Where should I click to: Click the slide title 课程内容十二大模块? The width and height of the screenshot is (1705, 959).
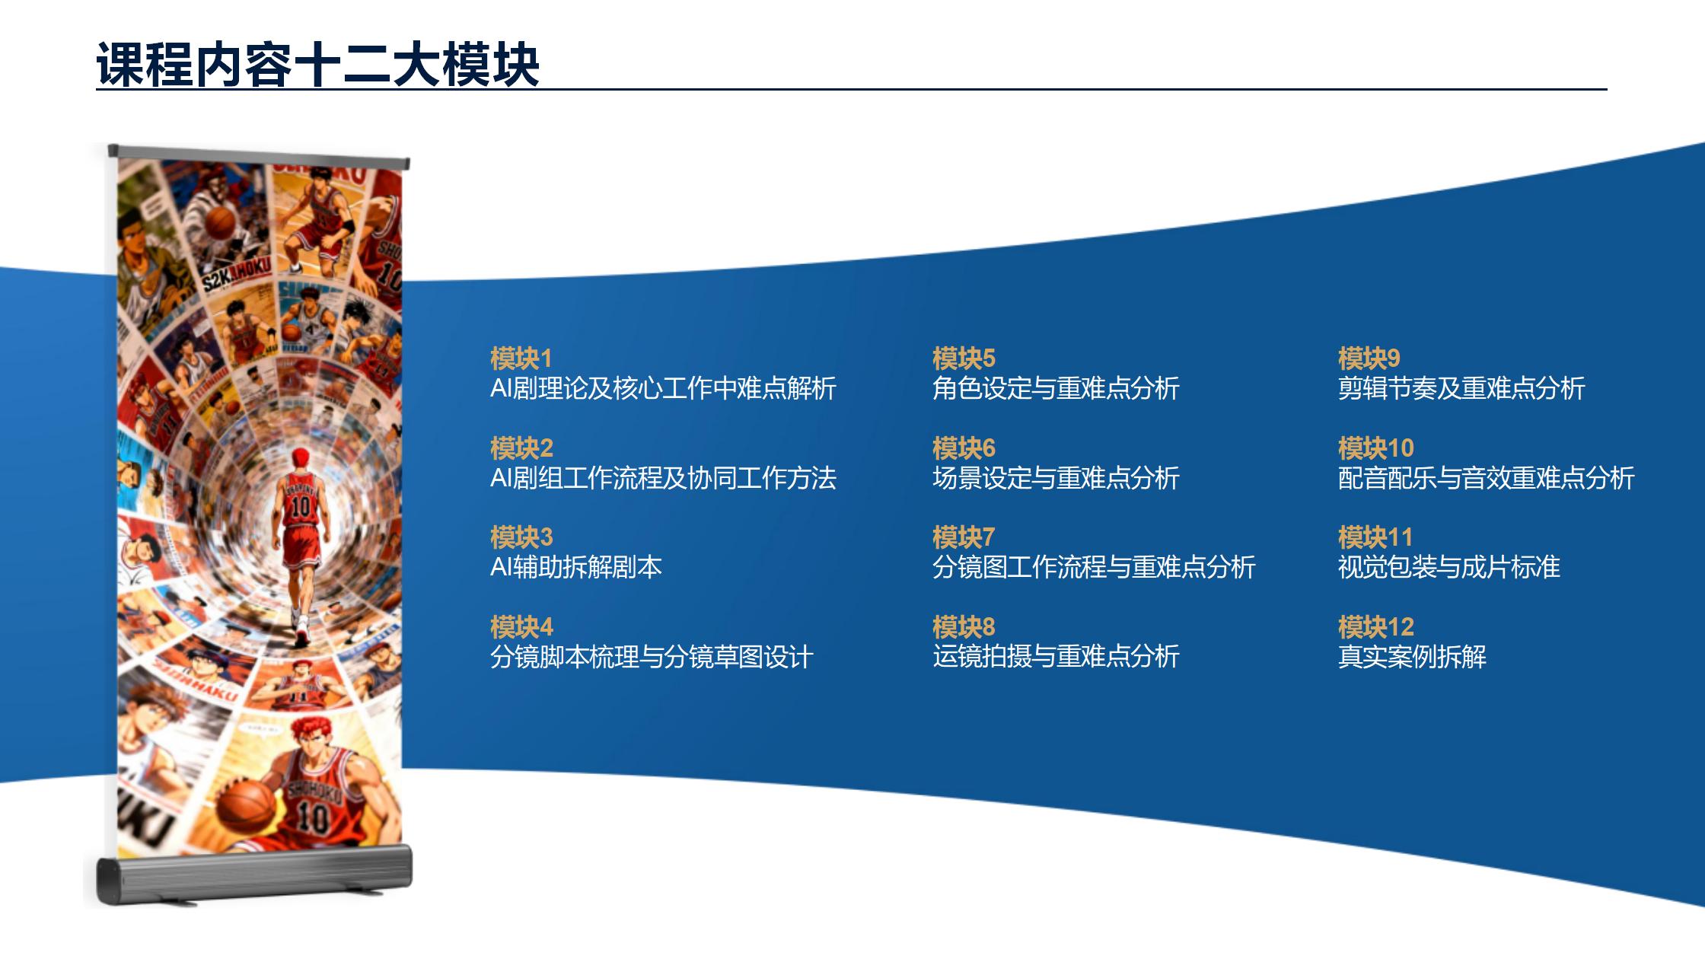coord(318,64)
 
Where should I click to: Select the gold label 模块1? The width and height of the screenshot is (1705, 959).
coord(521,358)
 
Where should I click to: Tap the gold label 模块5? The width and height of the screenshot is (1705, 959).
coord(964,358)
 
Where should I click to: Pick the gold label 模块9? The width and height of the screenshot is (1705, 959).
coord(1369,358)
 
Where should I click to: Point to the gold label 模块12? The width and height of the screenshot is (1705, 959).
coord(1375,626)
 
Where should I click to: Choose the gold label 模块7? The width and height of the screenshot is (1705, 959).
coord(964,537)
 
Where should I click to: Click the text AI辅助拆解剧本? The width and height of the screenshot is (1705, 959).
coord(576,567)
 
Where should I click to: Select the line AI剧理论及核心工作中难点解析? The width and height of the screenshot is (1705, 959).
coord(663,388)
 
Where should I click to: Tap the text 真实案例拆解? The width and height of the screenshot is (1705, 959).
coord(1412,656)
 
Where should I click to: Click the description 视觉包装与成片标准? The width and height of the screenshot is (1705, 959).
coord(1449,567)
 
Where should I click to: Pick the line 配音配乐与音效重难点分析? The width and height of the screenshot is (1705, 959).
coord(1486,478)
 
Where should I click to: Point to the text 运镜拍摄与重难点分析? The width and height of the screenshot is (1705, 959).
coord(1056,656)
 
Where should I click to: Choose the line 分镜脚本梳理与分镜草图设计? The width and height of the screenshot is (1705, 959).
coord(652,656)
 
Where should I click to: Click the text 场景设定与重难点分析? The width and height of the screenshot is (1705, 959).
coord(1056,478)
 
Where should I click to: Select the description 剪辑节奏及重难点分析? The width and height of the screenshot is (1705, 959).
coord(1461,388)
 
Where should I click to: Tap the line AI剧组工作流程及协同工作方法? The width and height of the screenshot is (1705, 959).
coord(663,478)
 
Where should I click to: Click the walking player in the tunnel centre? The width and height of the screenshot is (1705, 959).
coord(301,544)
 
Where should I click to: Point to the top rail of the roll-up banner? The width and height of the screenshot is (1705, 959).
coord(259,156)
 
